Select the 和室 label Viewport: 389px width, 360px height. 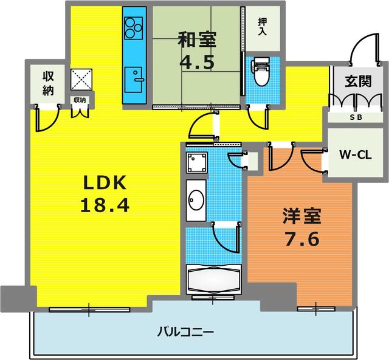pyautogui.click(x=196, y=41)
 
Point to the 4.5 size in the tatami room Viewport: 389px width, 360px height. pyautogui.click(x=196, y=63)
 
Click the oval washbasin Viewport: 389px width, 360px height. pyautogui.click(x=196, y=199)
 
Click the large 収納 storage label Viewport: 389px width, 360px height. pyautogui.click(x=49, y=83)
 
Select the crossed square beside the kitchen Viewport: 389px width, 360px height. pyautogui.click(x=81, y=78)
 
